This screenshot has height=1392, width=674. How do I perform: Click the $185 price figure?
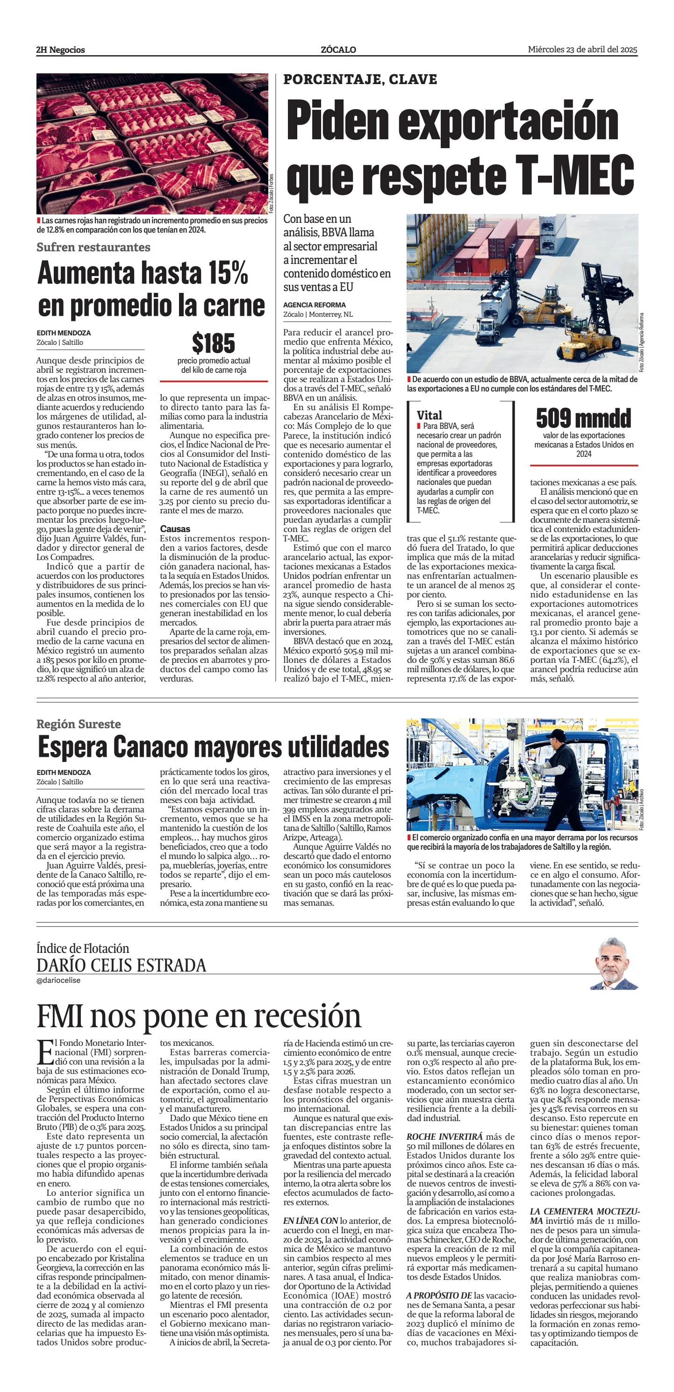point(214,344)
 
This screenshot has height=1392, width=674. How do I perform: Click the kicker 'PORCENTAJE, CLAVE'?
point(360,79)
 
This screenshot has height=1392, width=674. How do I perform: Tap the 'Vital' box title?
point(429,415)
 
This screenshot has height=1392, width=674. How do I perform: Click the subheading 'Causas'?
point(175,529)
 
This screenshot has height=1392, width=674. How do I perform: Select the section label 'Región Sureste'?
point(79,724)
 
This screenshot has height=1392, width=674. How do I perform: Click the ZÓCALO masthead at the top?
point(338,50)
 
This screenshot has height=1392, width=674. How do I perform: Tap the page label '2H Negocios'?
point(61,50)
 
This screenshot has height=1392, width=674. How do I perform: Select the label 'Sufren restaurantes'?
point(93,247)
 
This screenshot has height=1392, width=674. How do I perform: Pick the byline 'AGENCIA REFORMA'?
point(314,305)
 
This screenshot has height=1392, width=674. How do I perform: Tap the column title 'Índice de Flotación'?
point(83,948)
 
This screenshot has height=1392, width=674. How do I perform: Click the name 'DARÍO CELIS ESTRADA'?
point(121,965)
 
